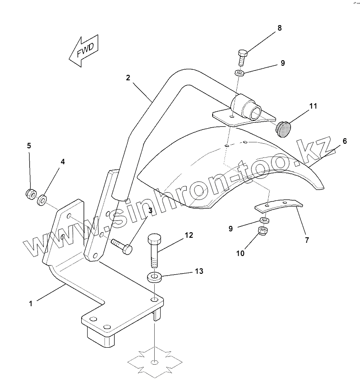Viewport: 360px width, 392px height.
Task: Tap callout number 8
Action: (279, 28)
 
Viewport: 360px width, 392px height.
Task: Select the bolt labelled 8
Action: (242, 57)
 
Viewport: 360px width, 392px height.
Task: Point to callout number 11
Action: (313, 106)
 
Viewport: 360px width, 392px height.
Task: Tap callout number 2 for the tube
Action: (128, 78)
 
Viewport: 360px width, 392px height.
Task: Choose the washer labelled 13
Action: (154, 277)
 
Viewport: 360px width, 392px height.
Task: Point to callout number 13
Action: (199, 271)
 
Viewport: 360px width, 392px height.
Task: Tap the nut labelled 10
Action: (263, 231)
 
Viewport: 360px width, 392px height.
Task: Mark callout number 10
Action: (240, 253)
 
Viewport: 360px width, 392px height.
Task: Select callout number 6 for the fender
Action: (344, 141)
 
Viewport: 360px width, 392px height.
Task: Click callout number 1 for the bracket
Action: (31, 303)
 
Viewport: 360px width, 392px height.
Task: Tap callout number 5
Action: (29, 146)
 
